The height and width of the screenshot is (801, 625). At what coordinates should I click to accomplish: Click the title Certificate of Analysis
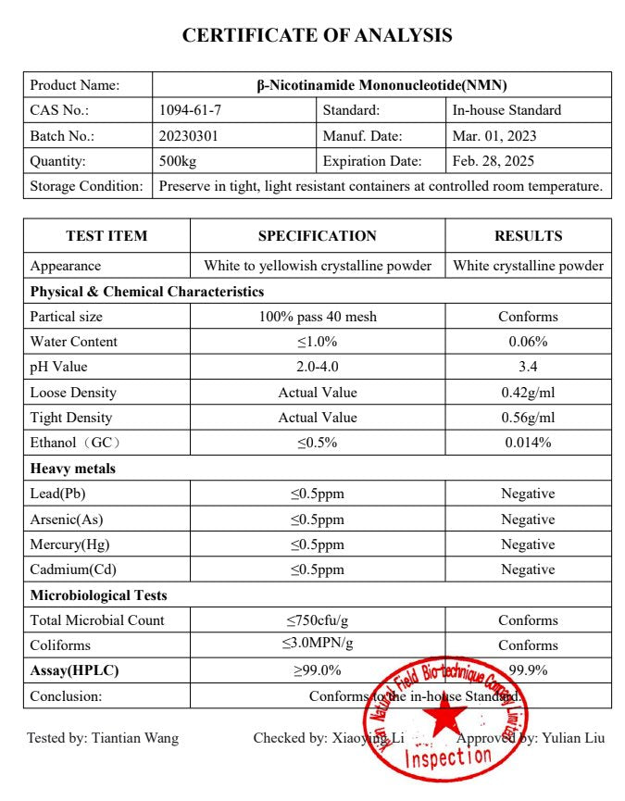[x=317, y=35]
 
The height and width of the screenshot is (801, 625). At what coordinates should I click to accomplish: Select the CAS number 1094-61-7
[x=191, y=110]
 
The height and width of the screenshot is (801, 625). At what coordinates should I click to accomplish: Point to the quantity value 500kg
[x=178, y=161]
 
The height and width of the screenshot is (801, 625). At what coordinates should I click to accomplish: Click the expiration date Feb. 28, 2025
[x=494, y=161]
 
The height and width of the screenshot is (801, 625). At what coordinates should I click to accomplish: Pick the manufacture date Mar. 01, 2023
[x=494, y=135]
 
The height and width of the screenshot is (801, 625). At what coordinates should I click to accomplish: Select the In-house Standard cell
[x=506, y=110]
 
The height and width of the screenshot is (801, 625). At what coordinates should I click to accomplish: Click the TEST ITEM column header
[x=106, y=235]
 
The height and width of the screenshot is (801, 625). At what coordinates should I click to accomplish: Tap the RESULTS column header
[x=528, y=235]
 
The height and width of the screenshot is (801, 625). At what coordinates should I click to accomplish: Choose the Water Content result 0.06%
[x=528, y=342]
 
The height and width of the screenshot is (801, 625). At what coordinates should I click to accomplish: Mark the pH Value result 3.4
[x=528, y=367]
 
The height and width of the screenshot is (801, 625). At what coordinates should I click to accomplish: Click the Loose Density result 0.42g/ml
[x=528, y=393]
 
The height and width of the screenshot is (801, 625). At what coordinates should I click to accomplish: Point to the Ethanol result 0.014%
[x=528, y=443]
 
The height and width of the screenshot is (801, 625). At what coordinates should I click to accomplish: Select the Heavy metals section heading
[x=73, y=469]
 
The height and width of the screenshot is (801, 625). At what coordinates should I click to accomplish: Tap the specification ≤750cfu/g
[x=318, y=620]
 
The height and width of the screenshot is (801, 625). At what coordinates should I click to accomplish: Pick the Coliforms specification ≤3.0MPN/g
[x=318, y=645]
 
